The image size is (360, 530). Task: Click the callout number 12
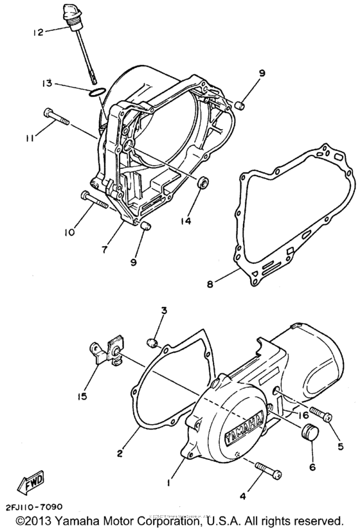pyautogui.click(x=38, y=32)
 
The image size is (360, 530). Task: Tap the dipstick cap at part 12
pyautogui.click(x=71, y=13)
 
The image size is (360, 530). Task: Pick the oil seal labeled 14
pyautogui.click(x=203, y=182)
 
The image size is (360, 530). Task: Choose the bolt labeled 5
pyautogui.click(x=319, y=415)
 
